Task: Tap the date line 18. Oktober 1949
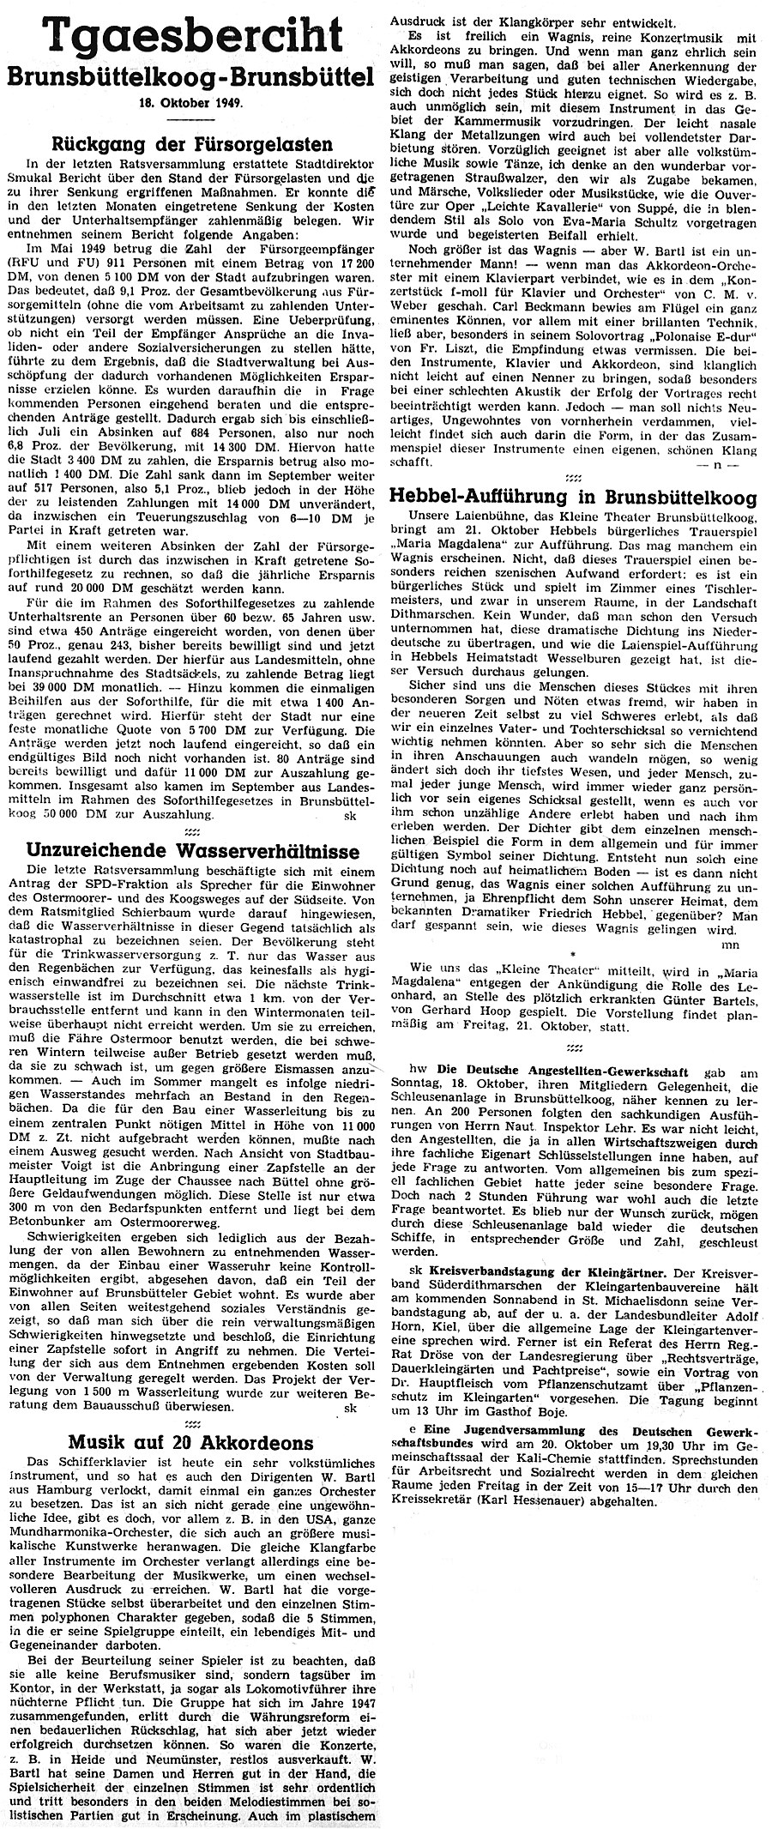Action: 194,102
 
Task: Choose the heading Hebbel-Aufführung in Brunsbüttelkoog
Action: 573,496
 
